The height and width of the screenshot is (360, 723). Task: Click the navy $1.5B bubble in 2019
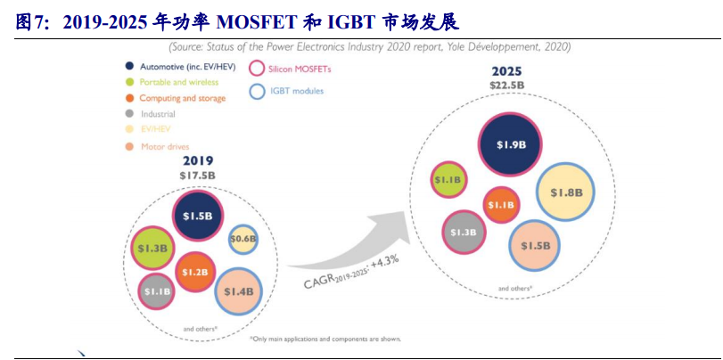(197, 217)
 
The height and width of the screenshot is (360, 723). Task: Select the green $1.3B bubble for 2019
(152, 249)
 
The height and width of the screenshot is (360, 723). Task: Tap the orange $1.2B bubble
(196, 272)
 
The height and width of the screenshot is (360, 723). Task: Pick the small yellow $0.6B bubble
(242, 238)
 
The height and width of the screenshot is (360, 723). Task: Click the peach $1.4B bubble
(239, 291)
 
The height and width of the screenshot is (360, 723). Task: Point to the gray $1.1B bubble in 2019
(157, 291)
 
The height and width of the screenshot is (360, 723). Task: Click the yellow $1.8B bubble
(566, 192)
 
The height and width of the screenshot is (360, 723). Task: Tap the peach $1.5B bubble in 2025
(536, 246)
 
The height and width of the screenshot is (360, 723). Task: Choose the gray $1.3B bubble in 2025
(464, 233)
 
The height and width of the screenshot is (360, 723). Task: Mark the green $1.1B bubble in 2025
(448, 180)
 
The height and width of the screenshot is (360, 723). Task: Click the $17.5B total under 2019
(197, 176)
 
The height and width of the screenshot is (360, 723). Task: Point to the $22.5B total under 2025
(506, 85)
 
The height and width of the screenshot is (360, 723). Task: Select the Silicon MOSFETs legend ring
(258, 68)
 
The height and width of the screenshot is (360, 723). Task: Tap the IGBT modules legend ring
(258, 91)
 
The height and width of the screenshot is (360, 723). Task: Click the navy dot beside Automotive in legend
(130, 66)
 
